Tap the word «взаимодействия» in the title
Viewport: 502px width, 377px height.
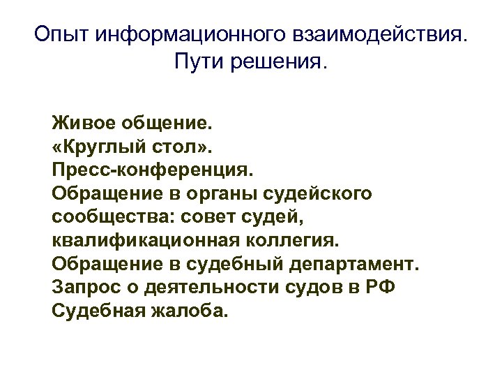367,34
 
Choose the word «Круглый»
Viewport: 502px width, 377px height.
104,149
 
